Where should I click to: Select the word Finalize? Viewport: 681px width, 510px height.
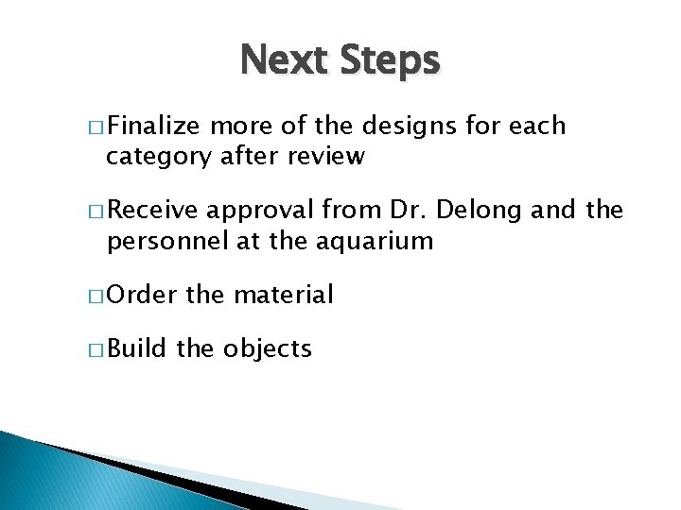tap(157, 127)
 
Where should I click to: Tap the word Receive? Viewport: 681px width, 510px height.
tap(157, 211)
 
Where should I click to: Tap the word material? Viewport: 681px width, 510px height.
tap(284, 295)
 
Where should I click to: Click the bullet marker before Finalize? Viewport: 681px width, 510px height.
tap(100, 127)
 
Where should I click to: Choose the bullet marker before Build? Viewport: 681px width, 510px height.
tap(100, 348)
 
